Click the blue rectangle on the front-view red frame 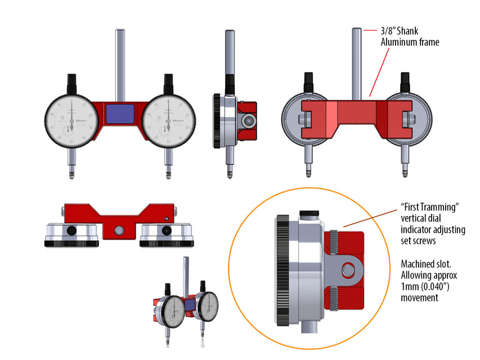click(x=119, y=114)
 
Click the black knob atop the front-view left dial click(x=71, y=83)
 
